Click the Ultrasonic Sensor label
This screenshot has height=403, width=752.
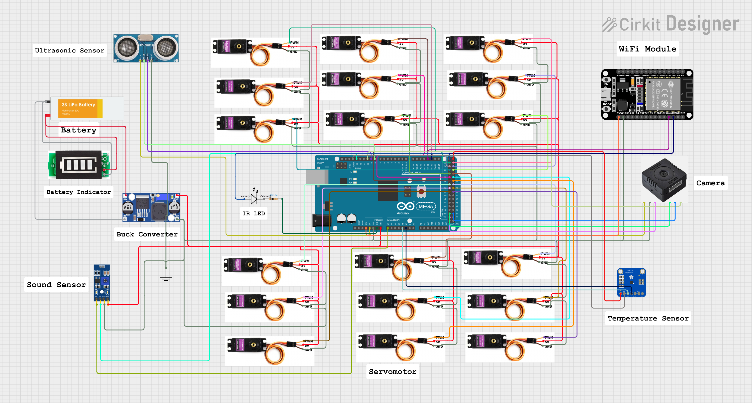point(69,50)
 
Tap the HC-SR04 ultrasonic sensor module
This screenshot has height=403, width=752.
point(146,48)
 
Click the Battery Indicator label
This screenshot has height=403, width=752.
point(78,192)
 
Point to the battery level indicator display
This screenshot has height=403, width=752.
point(79,165)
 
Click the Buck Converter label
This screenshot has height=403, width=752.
point(147,234)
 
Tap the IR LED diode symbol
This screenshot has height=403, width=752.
point(254,199)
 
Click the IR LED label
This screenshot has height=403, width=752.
point(253,213)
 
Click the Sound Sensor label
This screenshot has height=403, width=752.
point(56,285)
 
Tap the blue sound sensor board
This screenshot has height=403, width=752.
point(102,283)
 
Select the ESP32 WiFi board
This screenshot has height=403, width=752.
point(647,94)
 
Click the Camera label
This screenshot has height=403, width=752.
point(710,183)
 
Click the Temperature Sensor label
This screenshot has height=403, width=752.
point(648,318)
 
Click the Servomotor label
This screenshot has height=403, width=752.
point(393,371)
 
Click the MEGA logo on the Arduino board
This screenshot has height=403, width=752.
point(426,206)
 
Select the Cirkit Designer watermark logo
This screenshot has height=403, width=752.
point(671,24)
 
